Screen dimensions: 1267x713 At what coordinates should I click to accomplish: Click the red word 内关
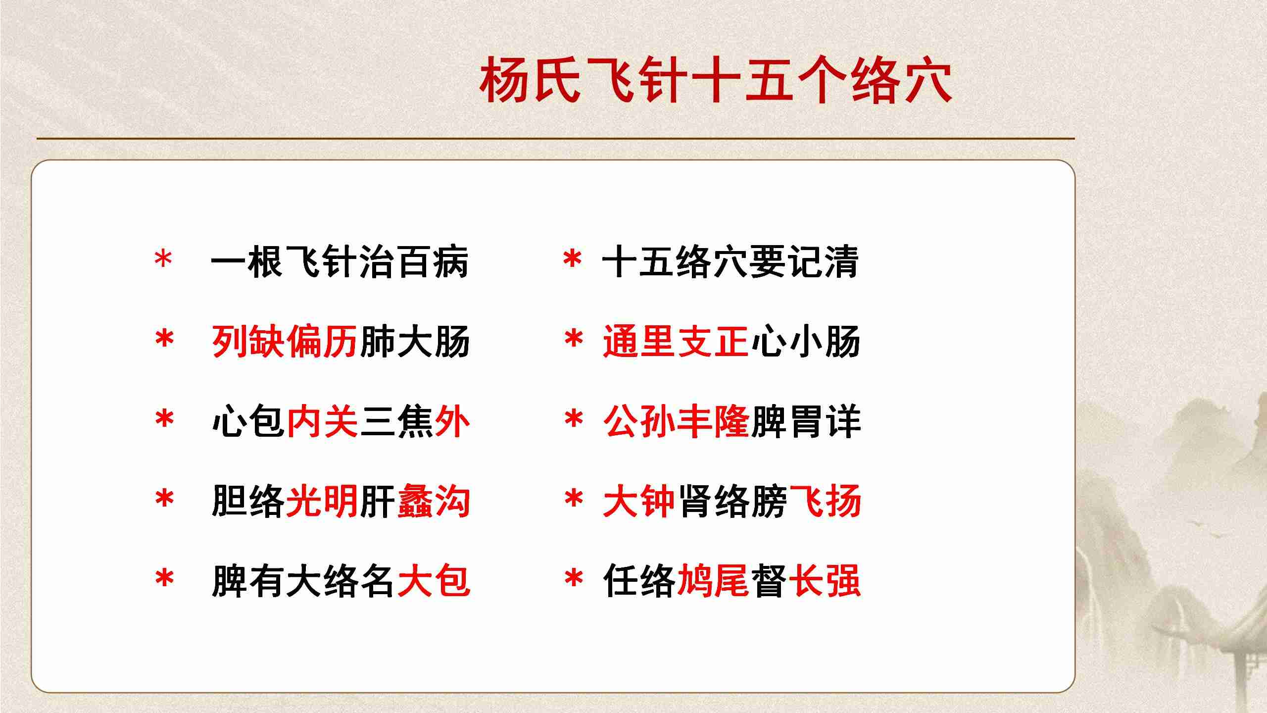(x=322, y=421)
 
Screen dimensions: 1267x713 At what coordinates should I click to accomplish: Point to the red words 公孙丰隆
(x=676, y=421)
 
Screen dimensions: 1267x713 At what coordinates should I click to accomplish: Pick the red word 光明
(x=322, y=501)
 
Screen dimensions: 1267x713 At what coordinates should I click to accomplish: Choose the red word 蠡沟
(x=434, y=501)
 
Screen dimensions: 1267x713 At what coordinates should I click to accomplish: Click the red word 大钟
(x=639, y=501)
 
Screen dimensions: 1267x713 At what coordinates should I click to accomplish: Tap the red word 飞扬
(x=825, y=501)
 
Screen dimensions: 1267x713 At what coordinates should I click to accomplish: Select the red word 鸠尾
(x=713, y=581)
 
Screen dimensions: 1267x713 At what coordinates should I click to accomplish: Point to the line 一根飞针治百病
(x=340, y=262)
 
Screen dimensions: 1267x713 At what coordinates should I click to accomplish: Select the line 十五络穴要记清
(x=731, y=262)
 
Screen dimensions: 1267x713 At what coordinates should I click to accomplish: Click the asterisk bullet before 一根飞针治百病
(x=163, y=259)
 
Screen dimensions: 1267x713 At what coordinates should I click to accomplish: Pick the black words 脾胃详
(x=806, y=421)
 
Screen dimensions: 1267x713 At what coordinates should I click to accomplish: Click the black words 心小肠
(x=806, y=342)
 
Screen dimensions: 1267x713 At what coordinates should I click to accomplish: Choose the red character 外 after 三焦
(x=452, y=421)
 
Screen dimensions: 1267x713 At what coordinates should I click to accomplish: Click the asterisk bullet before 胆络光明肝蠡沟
(x=164, y=499)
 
